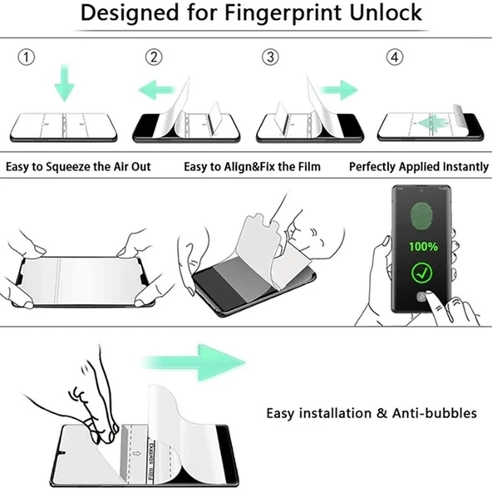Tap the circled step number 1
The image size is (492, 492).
pos(27,57)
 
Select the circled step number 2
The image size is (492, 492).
pos(154,57)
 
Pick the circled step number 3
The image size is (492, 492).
pos(270,57)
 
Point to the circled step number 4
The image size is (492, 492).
pos(394,57)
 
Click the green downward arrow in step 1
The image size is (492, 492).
pos(64,82)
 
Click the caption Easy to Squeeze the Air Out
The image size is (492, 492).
pos(78,167)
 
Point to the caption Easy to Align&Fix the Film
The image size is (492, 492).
pos(252,167)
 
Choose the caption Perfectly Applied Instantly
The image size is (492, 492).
pos(418,167)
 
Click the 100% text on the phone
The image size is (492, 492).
pos(422,247)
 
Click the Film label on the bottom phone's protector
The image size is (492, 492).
pos(150,466)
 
